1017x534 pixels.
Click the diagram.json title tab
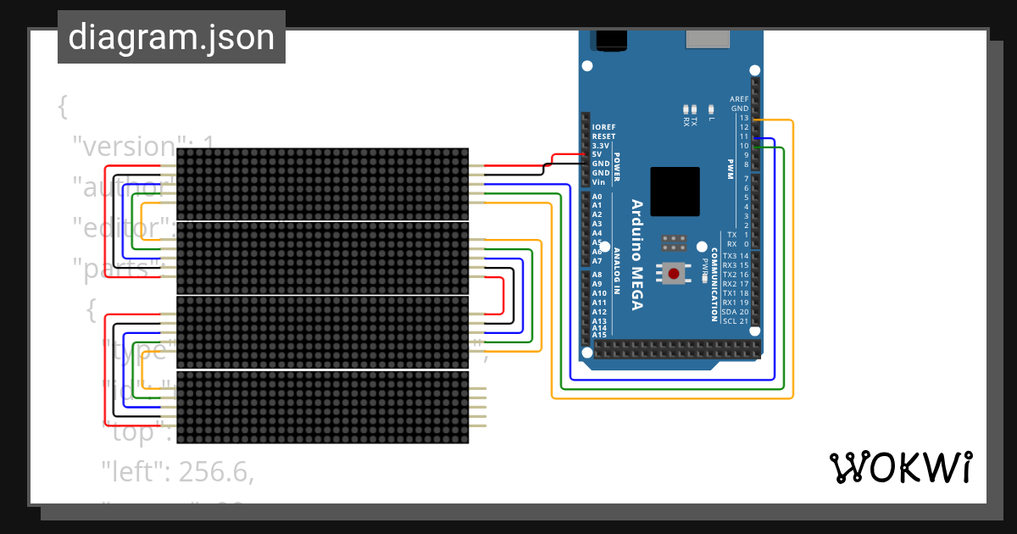click(x=171, y=37)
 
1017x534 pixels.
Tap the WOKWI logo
click(x=899, y=467)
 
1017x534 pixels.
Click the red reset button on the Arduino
click(x=675, y=273)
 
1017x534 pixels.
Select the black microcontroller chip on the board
click(x=675, y=192)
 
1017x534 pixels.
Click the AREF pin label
click(x=738, y=99)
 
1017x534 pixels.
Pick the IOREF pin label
click(x=603, y=127)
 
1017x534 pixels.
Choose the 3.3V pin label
click(x=600, y=146)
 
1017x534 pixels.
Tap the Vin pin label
click(x=598, y=182)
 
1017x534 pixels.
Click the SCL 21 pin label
click(x=735, y=321)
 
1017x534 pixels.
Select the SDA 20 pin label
click(x=735, y=312)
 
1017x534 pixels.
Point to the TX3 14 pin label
click(x=735, y=256)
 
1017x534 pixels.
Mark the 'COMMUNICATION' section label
click(x=714, y=286)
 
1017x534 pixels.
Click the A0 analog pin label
click(x=597, y=197)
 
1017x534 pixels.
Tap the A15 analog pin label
click(x=598, y=335)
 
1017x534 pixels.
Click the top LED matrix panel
click(x=322, y=184)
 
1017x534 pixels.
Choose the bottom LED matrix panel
click(x=322, y=407)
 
